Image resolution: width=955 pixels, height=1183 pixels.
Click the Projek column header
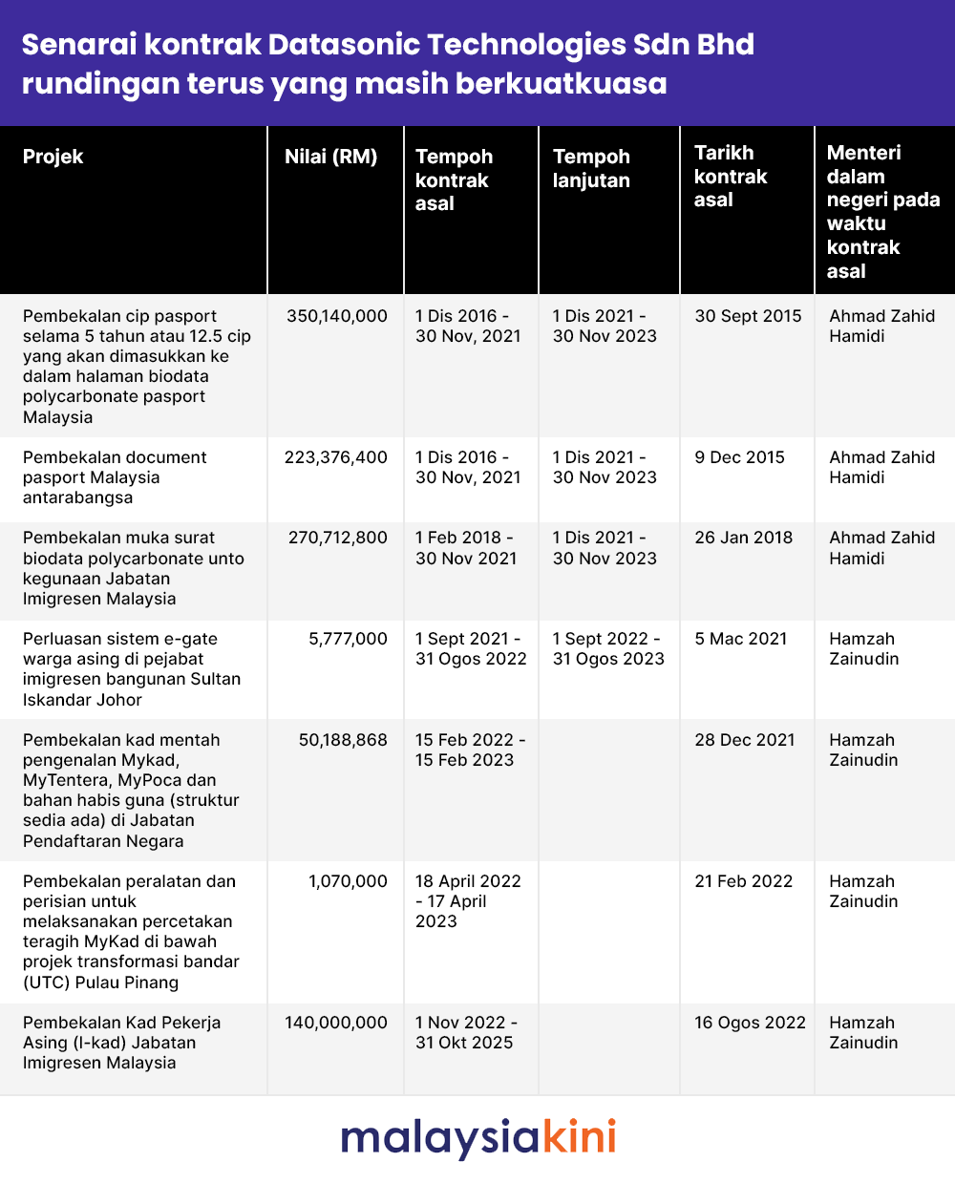coord(53,157)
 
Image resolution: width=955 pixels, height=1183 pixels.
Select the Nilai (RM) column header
coord(330,157)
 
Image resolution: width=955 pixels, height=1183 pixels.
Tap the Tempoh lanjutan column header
coord(591,168)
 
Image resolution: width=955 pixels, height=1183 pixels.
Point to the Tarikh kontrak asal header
coord(731,177)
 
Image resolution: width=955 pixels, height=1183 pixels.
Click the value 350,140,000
coord(337,316)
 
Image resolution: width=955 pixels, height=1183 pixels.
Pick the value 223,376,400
coord(336,457)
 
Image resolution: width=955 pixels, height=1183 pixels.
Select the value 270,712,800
coord(338,538)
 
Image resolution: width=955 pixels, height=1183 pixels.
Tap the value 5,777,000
coord(348,639)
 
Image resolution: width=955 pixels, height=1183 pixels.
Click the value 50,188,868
coord(343,740)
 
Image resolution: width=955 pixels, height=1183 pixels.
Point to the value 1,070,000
coord(348,881)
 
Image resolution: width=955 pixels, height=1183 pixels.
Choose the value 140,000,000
coord(336,1023)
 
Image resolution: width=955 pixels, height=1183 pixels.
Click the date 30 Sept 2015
coord(748,316)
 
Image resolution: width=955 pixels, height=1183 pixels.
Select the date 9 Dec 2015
coord(739,457)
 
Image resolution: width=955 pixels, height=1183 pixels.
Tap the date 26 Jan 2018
coord(743,538)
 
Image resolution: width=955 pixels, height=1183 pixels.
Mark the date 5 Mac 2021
coord(741,639)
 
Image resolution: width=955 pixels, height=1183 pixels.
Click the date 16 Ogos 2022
coord(750,1023)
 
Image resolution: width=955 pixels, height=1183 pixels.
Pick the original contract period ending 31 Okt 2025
coord(466,1033)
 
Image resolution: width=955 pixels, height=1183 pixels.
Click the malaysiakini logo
coord(477,1138)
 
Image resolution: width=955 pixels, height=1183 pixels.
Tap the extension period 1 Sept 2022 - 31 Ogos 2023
coord(607,649)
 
